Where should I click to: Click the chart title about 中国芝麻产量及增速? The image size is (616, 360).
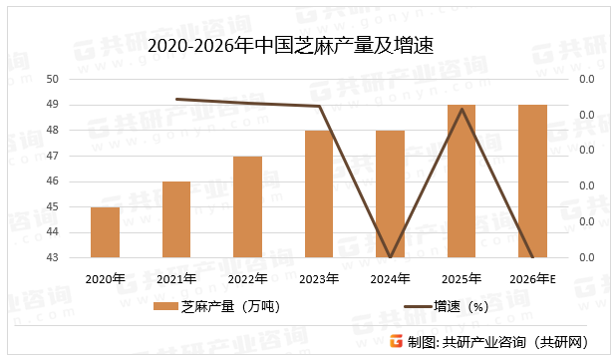pyautogui.click(x=290, y=45)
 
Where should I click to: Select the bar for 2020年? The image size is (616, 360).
pyautogui.click(x=105, y=232)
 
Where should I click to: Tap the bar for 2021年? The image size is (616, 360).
pyautogui.click(x=176, y=219)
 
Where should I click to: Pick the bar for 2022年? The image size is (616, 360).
pyautogui.click(x=247, y=206)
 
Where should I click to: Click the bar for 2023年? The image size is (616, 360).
pyautogui.click(x=319, y=193)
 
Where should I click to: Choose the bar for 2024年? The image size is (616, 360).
pyautogui.click(x=390, y=193)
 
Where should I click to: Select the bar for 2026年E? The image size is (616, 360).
pyautogui.click(x=532, y=180)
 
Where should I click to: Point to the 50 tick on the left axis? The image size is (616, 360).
pyautogui.click(x=53, y=79)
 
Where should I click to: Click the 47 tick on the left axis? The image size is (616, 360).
pyautogui.click(x=53, y=156)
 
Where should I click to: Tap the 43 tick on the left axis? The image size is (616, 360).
pyautogui.click(x=53, y=257)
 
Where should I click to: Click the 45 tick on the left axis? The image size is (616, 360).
pyautogui.click(x=53, y=206)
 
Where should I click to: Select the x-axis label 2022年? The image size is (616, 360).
pyautogui.click(x=247, y=278)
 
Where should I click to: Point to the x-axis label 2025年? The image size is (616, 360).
pyautogui.click(x=461, y=278)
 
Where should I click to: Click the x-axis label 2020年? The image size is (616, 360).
pyautogui.click(x=105, y=278)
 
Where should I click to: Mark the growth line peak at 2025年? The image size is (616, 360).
pyautogui.click(x=461, y=109)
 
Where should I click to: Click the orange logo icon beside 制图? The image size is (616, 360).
pyautogui.click(x=396, y=341)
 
